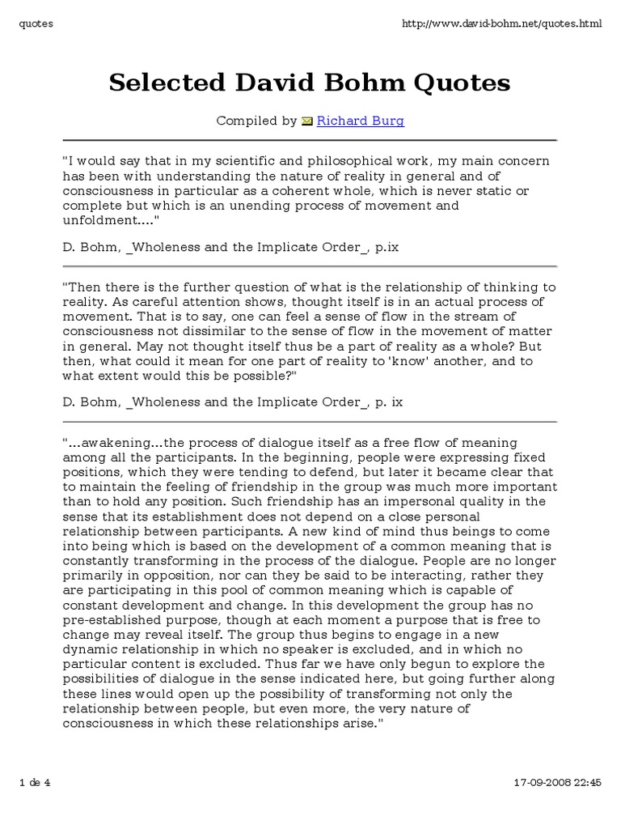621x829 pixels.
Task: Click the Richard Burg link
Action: [360, 121]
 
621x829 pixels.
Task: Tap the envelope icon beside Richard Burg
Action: [306, 122]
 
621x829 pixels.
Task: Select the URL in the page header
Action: [501, 23]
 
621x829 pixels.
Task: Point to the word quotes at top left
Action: [36, 23]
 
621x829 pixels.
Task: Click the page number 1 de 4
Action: [34, 783]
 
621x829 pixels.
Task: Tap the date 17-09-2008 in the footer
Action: [545, 783]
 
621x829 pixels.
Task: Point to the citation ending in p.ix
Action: [230, 248]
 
